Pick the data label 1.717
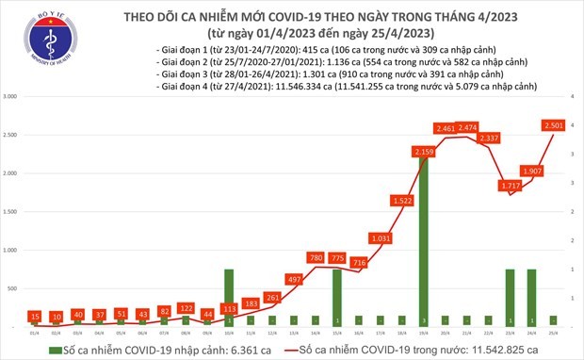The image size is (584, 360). pos(511,186)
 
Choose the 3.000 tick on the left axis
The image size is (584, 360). pos(13,97)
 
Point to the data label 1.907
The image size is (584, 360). pos(533,171)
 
